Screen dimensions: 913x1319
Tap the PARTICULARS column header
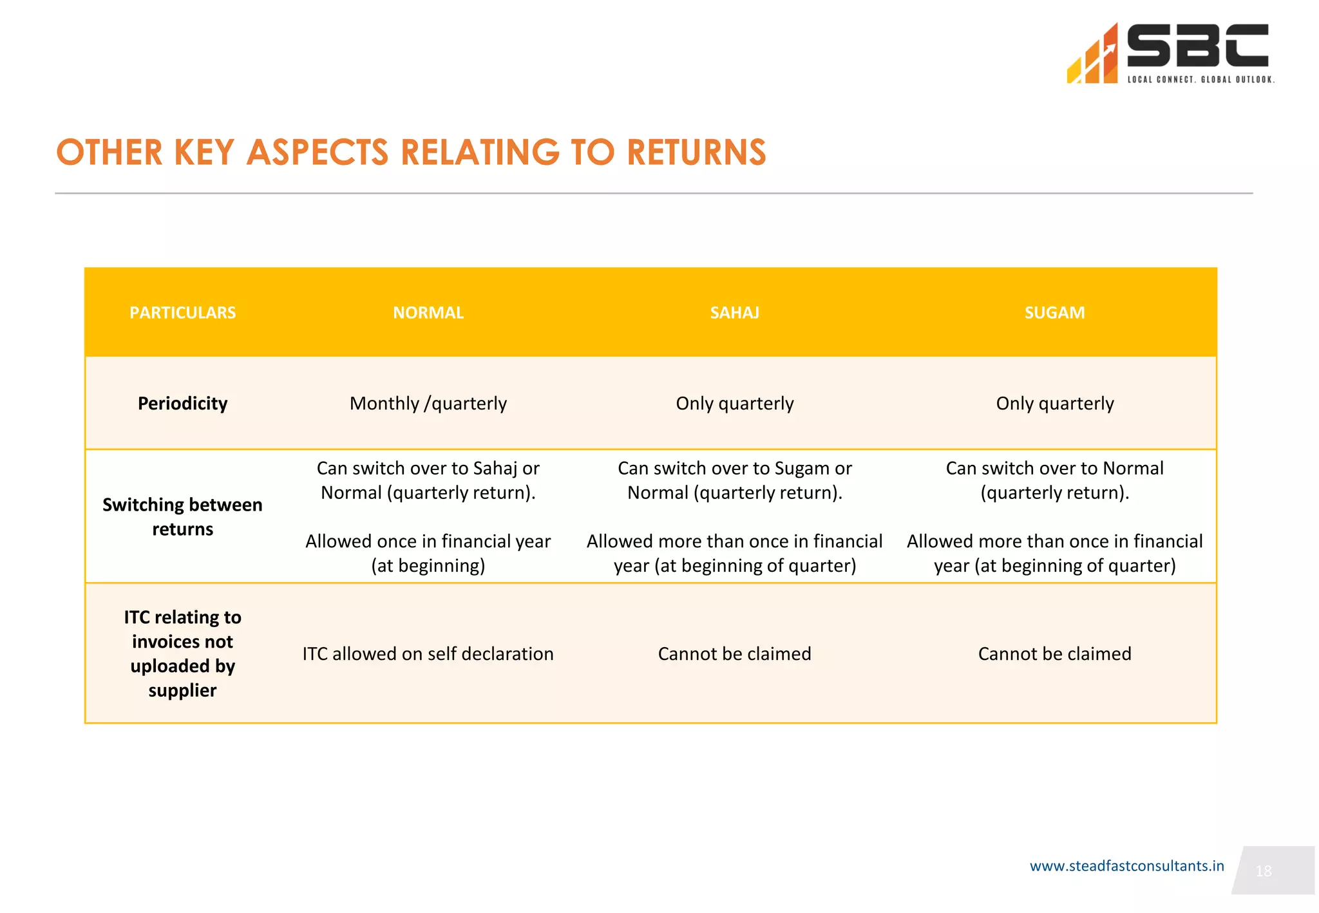182,313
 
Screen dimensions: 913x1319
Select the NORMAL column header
428,313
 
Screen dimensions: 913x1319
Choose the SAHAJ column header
734,313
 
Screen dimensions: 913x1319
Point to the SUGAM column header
1054,313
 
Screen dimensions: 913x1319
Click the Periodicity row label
182,404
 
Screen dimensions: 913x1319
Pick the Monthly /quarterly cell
428,404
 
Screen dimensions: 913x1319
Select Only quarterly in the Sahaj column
734,404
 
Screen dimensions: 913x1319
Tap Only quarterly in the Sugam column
1054,404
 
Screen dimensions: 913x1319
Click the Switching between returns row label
182,517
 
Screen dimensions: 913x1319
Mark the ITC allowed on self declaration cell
428,654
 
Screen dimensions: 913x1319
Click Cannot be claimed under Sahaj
734,654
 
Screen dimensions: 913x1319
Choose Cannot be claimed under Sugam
1054,654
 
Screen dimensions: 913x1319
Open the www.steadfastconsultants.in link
1126,866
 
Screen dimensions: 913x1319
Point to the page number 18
1264,871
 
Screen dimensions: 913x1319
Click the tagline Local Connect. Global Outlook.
1200,80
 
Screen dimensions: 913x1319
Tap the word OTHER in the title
109,153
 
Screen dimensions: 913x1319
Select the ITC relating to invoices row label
182,654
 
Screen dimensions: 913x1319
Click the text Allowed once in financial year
428,541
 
